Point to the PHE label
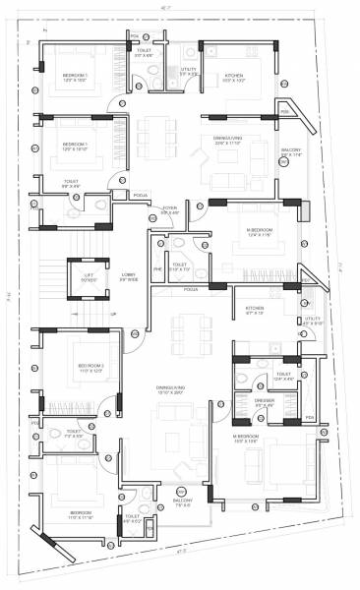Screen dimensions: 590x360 coord(155,265)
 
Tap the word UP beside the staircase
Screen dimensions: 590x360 coord(112,314)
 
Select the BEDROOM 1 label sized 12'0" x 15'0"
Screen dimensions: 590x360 coord(75,76)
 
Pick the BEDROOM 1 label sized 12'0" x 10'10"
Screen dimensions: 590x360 coord(75,145)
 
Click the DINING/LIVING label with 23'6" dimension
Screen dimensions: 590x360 coord(227,139)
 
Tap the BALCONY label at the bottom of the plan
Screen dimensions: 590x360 coord(183,501)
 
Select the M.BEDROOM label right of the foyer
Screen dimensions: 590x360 coord(259,231)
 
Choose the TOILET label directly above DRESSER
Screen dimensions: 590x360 coord(283,374)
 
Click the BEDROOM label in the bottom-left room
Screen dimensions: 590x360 coord(81,513)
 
